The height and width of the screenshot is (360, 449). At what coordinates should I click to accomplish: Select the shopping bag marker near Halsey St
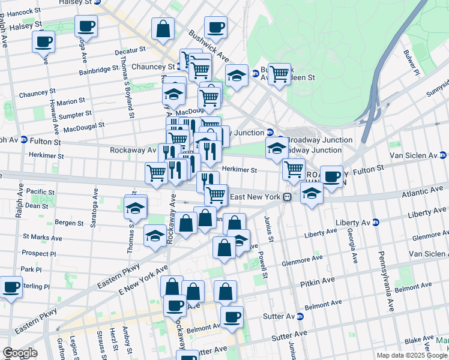click(163, 28)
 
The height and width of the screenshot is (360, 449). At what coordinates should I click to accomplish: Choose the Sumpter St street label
click(75, 113)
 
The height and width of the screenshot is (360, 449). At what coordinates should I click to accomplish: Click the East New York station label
click(256, 197)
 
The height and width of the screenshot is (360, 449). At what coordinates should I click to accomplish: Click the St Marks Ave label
click(42, 238)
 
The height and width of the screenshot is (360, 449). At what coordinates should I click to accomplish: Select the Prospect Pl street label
click(38, 254)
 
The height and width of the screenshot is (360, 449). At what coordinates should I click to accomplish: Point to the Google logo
click(19, 353)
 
